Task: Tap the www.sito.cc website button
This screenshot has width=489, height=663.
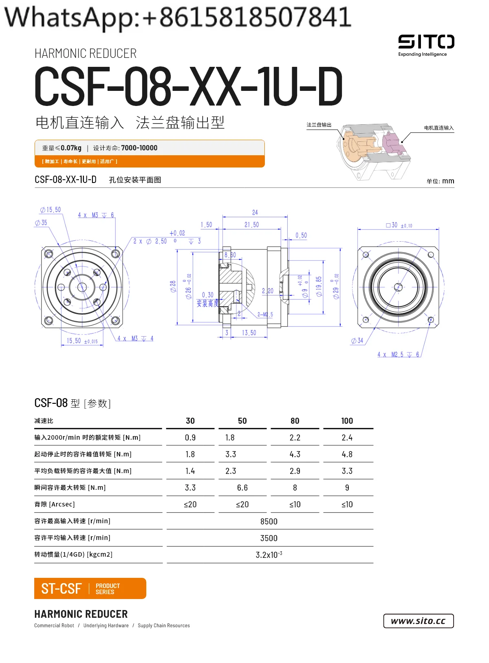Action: pyautogui.click(x=418, y=621)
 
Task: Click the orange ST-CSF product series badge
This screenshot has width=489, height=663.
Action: pyautogui.click(x=90, y=588)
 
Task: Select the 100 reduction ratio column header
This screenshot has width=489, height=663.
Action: pyautogui.click(x=347, y=421)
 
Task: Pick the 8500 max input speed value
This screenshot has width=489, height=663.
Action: pyautogui.click(x=269, y=522)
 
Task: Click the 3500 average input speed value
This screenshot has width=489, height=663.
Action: pyautogui.click(x=269, y=538)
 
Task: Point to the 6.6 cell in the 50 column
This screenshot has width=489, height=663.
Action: pyautogui.click(x=242, y=488)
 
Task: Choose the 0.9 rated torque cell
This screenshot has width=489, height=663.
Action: pyautogui.click(x=190, y=438)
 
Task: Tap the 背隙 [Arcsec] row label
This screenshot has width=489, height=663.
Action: pyautogui.click(x=55, y=504)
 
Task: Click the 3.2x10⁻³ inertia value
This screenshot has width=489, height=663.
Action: pyautogui.click(x=269, y=555)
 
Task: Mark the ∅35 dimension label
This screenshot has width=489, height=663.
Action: pyautogui.click(x=41, y=223)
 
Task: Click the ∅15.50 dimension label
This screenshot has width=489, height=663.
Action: pyautogui.click(x=51, y=210)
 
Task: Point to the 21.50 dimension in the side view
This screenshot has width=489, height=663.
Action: pyautogui.click(x=251, y=225)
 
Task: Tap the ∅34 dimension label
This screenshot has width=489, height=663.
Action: pyautogui.click(x=357, y=341)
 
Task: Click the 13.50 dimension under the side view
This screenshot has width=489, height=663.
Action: pyautogui.click(x=249, y=333)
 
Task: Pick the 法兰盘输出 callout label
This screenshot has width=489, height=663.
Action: pyautogui.click(x=319, y=125)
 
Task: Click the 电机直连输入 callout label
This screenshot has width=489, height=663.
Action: pyautogui.click(x=438, y=128)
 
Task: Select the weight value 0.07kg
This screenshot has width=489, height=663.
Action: pyautogui.click(x=71, y=148)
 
